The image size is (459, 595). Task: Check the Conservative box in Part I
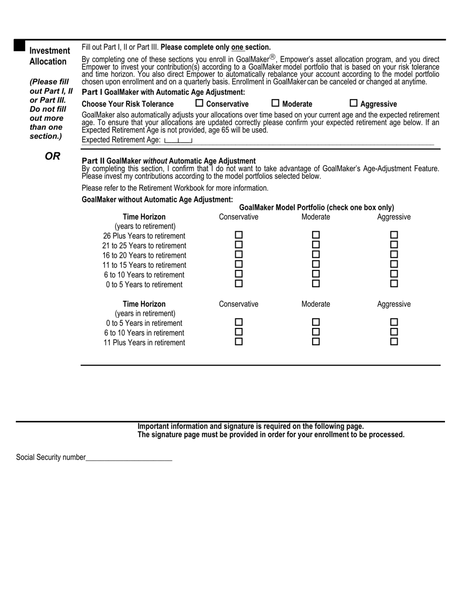(200, 103)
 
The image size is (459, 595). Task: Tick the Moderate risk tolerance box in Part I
(275, 103)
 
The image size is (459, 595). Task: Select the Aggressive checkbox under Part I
(354, 103)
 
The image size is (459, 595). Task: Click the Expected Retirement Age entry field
(178, 140)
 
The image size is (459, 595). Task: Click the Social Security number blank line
(129, 457)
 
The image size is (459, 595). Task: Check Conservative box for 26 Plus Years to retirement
(239, 235)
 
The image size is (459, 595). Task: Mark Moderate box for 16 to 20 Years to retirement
(316, 254)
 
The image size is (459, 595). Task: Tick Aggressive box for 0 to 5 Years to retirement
(394, 283)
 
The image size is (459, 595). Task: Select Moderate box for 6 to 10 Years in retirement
(316, 332)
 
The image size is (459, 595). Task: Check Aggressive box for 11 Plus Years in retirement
(394, 342)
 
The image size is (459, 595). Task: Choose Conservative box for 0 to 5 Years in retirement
(239, 322)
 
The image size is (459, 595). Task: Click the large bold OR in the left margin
(52, 156)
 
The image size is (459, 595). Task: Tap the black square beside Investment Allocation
(19, 45)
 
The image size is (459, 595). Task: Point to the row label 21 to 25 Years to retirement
(144, 246)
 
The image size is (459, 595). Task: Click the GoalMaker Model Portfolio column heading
(316, 207)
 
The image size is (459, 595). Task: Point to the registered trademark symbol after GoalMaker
(272, 57)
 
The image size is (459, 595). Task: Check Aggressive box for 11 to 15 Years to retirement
(394, 264)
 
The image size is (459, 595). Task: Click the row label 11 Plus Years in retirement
(144, 342)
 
